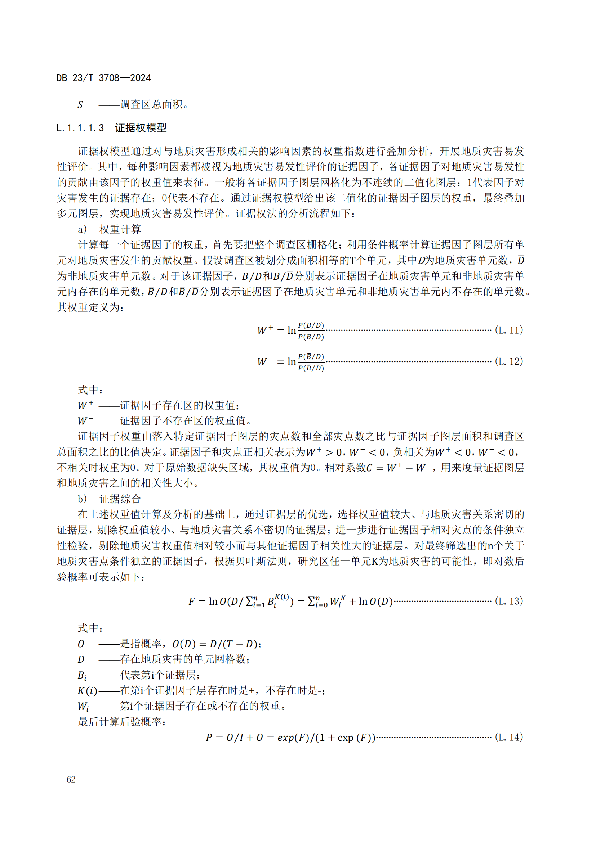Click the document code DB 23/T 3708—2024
(x=103, y=78)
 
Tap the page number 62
(x=71, y=779)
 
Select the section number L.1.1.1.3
(x=80, y=128)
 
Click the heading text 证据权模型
(x=141, y=128)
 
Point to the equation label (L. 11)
(x=509, y=330)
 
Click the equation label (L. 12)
(x=509, y=361)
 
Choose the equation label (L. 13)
(x=509, y=601)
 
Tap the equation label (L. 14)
(x=509, y=737)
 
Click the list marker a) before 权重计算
(x=82, y=230)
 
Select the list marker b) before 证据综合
(x=82, y=499)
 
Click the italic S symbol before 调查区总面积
(x=80, y=105)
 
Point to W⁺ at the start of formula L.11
(x=265, y=330)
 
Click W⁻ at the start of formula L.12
(x=265, y=361)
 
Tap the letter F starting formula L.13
(x=192, y=602)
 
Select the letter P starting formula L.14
(x=209, y=738)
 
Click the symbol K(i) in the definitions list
(x=87, y=691)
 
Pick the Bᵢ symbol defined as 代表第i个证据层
(x=82, y=675)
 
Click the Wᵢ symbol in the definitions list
(x=83, y=706)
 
